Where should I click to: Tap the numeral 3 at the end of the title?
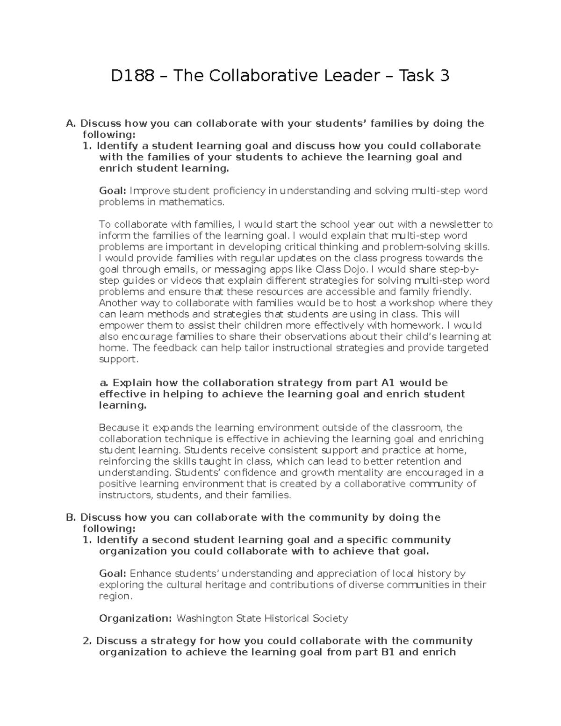click(x=444, y=75)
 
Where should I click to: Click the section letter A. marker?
click(x=71, y=123)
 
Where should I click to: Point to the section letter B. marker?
click(x=71, y=518)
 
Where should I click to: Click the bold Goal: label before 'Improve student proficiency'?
click(x=113, y=191)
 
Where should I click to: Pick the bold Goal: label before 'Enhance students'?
click(x=113, y=574)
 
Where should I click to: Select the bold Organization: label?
click(x=136, y=618)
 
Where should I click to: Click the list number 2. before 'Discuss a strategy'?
click(x=87, y=641)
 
